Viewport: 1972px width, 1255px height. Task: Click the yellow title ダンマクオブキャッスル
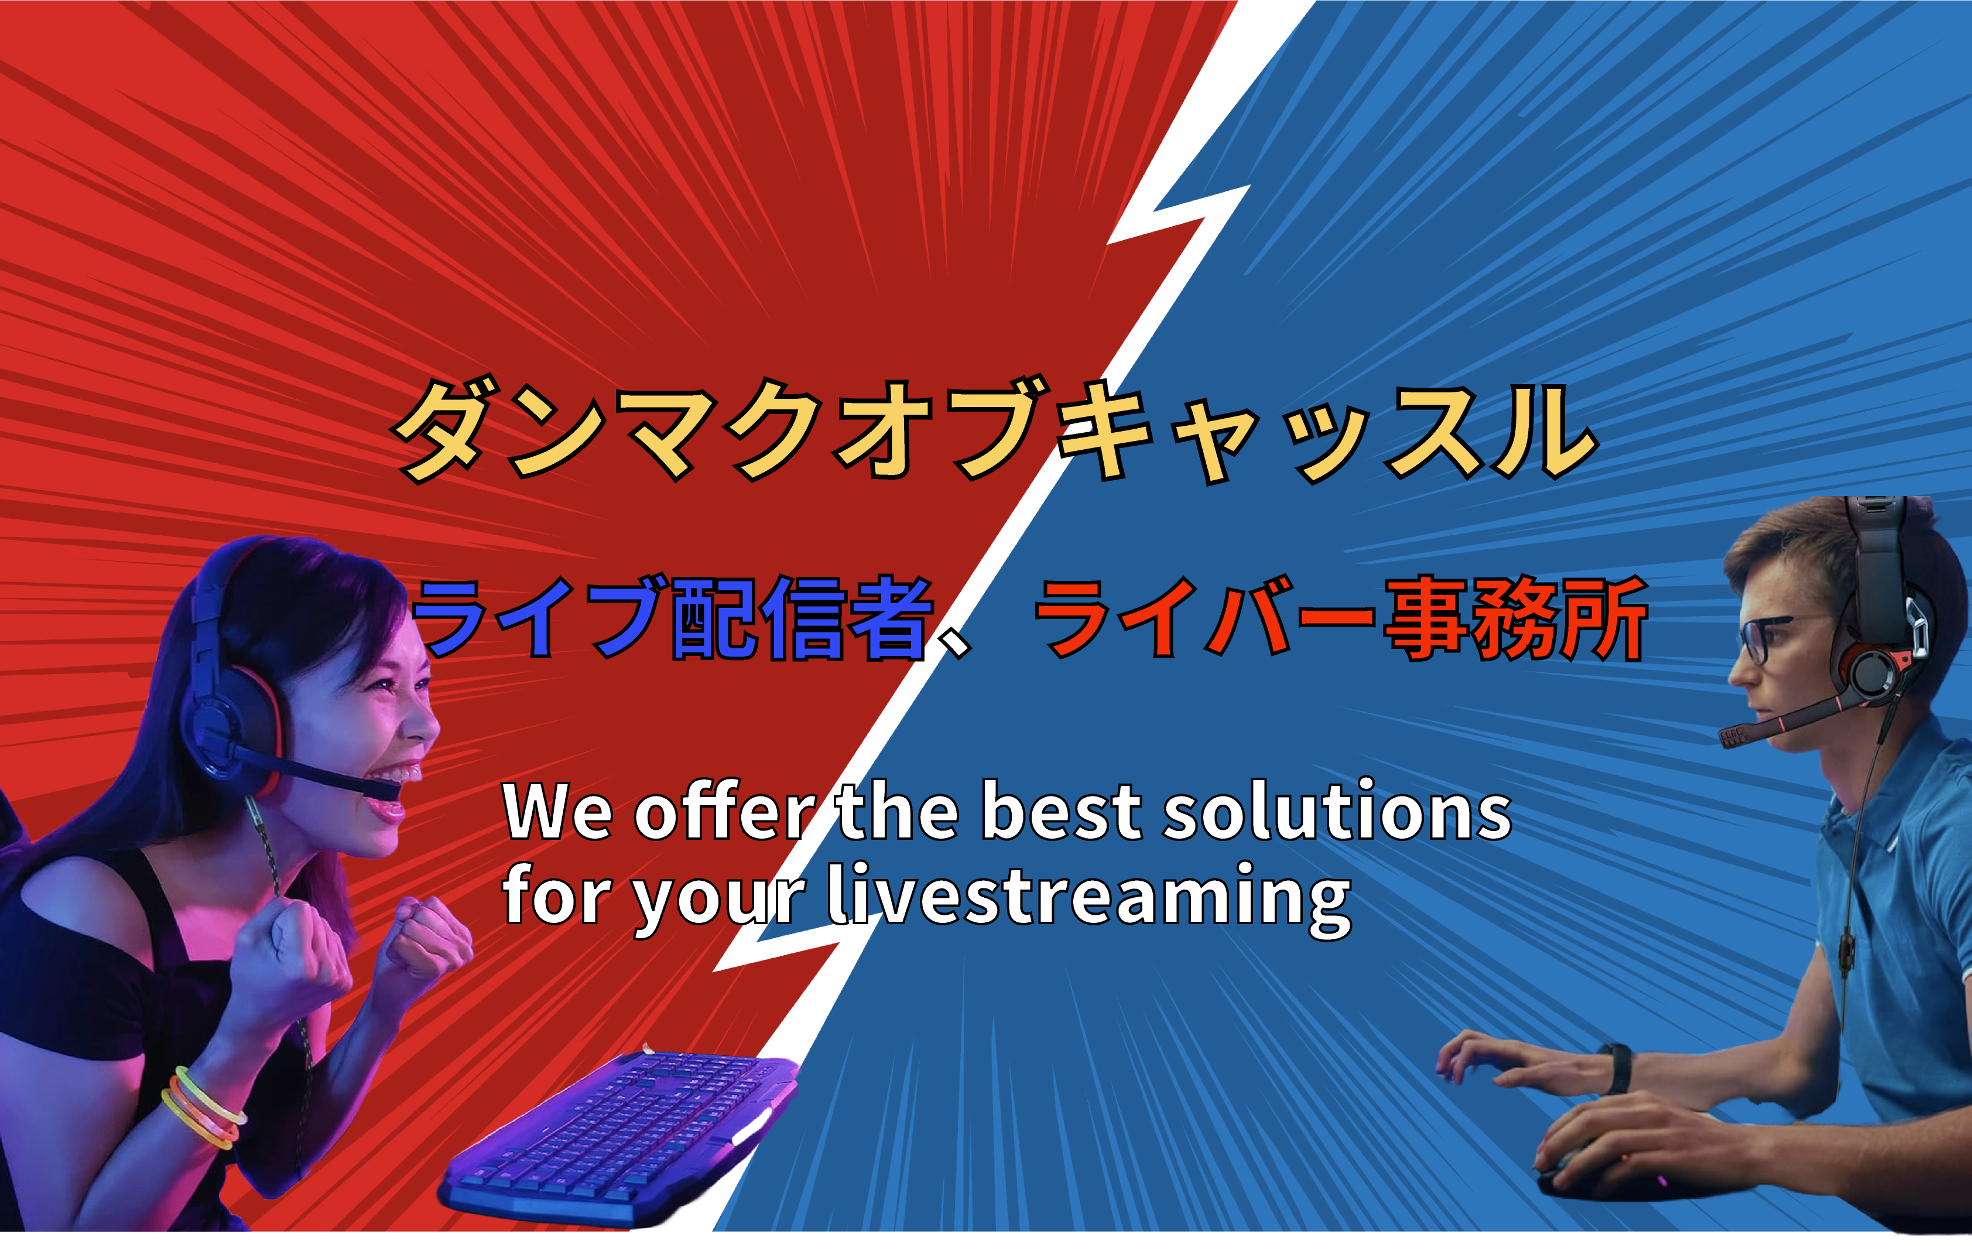(x=995, y=430)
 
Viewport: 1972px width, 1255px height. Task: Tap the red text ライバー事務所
(x=1341, y=618)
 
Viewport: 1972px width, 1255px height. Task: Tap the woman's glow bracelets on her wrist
(x=203, y=1107)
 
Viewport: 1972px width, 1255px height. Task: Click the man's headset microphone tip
(x=1731, y=736)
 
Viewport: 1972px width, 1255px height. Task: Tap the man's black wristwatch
(x=1616, y=1068)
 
